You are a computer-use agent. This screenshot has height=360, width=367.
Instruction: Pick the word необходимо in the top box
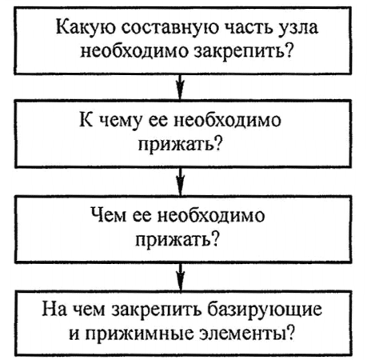point(136,50)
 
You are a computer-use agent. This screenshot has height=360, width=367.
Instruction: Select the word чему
point(121,122)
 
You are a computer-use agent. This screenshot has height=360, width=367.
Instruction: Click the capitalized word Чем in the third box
point(108,214)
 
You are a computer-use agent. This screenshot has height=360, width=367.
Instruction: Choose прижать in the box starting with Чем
point(178,239)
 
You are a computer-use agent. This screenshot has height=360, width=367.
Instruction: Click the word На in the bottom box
point(54,309)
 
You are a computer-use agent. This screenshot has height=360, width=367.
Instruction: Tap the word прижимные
point(140,334)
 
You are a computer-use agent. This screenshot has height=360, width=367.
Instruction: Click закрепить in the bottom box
point(156,310)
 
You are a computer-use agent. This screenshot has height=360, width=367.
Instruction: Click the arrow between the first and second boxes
point(181,87)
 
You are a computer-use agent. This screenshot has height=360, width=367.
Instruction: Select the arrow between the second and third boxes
point(181,182)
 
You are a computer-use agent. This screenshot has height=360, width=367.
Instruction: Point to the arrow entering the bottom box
point(181,278)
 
